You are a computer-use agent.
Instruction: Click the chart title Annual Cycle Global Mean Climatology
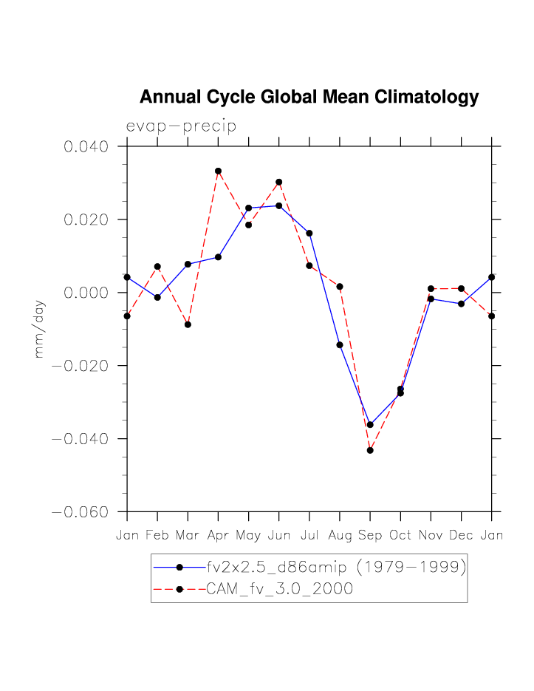(x=309, y=98)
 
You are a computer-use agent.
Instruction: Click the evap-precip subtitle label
(x=181, y=126)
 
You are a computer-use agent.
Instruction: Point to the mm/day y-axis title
(x=40, y=329)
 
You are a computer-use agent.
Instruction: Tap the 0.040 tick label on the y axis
(x=86, y=146)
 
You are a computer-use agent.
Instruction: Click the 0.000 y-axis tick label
(x=86, y=293)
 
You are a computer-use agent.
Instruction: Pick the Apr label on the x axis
(x=218, y=535)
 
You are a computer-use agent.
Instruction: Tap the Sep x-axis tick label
(x=370, y=535)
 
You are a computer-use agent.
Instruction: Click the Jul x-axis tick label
(x=309, y=535)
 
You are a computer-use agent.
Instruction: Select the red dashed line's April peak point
(x=219, y=171)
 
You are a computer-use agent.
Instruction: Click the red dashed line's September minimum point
(x=370, y=450)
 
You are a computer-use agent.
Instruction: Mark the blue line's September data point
(x=370, y=425)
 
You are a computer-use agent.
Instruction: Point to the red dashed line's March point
(x=188, y=324)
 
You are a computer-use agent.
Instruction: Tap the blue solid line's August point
(x=340, y=345)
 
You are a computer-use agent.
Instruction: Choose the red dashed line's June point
(x=279, y=182)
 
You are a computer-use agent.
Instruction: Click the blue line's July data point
(x=309, y=233)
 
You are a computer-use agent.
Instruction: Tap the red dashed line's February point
(x=157, y=266)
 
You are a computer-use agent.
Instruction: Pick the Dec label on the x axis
(x=461, y=535)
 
